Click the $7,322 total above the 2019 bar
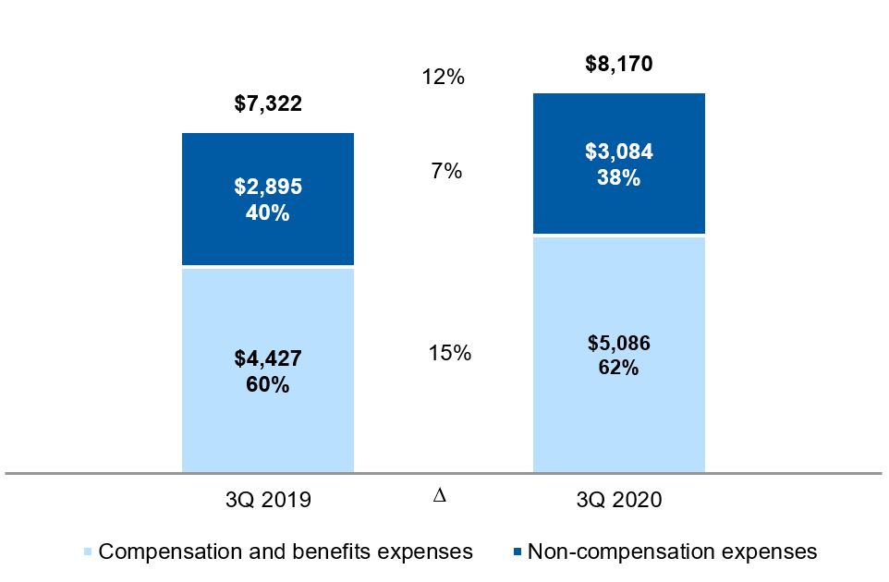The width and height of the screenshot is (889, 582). click(x=268, y=103)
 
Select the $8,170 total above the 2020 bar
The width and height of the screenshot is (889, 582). click(x=618, y=64)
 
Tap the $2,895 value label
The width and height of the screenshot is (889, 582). click(x=268, y=187)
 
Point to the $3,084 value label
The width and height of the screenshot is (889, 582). click(x=618, y=152)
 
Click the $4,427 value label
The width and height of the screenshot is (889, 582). click(x=268, y=358)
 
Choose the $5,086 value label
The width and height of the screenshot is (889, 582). click(x=618, y=343)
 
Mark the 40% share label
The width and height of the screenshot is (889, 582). click(x=268, y=213)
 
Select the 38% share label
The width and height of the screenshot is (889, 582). click(x=618, y=178)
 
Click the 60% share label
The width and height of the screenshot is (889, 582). click(x=268, y=385)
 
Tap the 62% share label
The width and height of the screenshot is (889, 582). click(x=618, y=368)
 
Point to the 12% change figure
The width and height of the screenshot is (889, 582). click(x=444, y=77)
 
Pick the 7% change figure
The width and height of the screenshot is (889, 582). click(x=446, y=171)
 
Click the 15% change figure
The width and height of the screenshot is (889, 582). click(x=450, y=353)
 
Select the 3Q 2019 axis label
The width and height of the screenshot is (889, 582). click(x=268, y=500)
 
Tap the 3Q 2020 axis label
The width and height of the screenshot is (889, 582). click(x=619, y=500)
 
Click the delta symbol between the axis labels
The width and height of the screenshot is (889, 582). click(x=439, y=495)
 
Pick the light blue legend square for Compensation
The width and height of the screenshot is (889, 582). click(x=87, y=552)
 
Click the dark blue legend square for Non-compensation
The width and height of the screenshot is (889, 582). click(x=518, y=552)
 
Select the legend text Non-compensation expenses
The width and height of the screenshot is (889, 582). click(x=673, y=552)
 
